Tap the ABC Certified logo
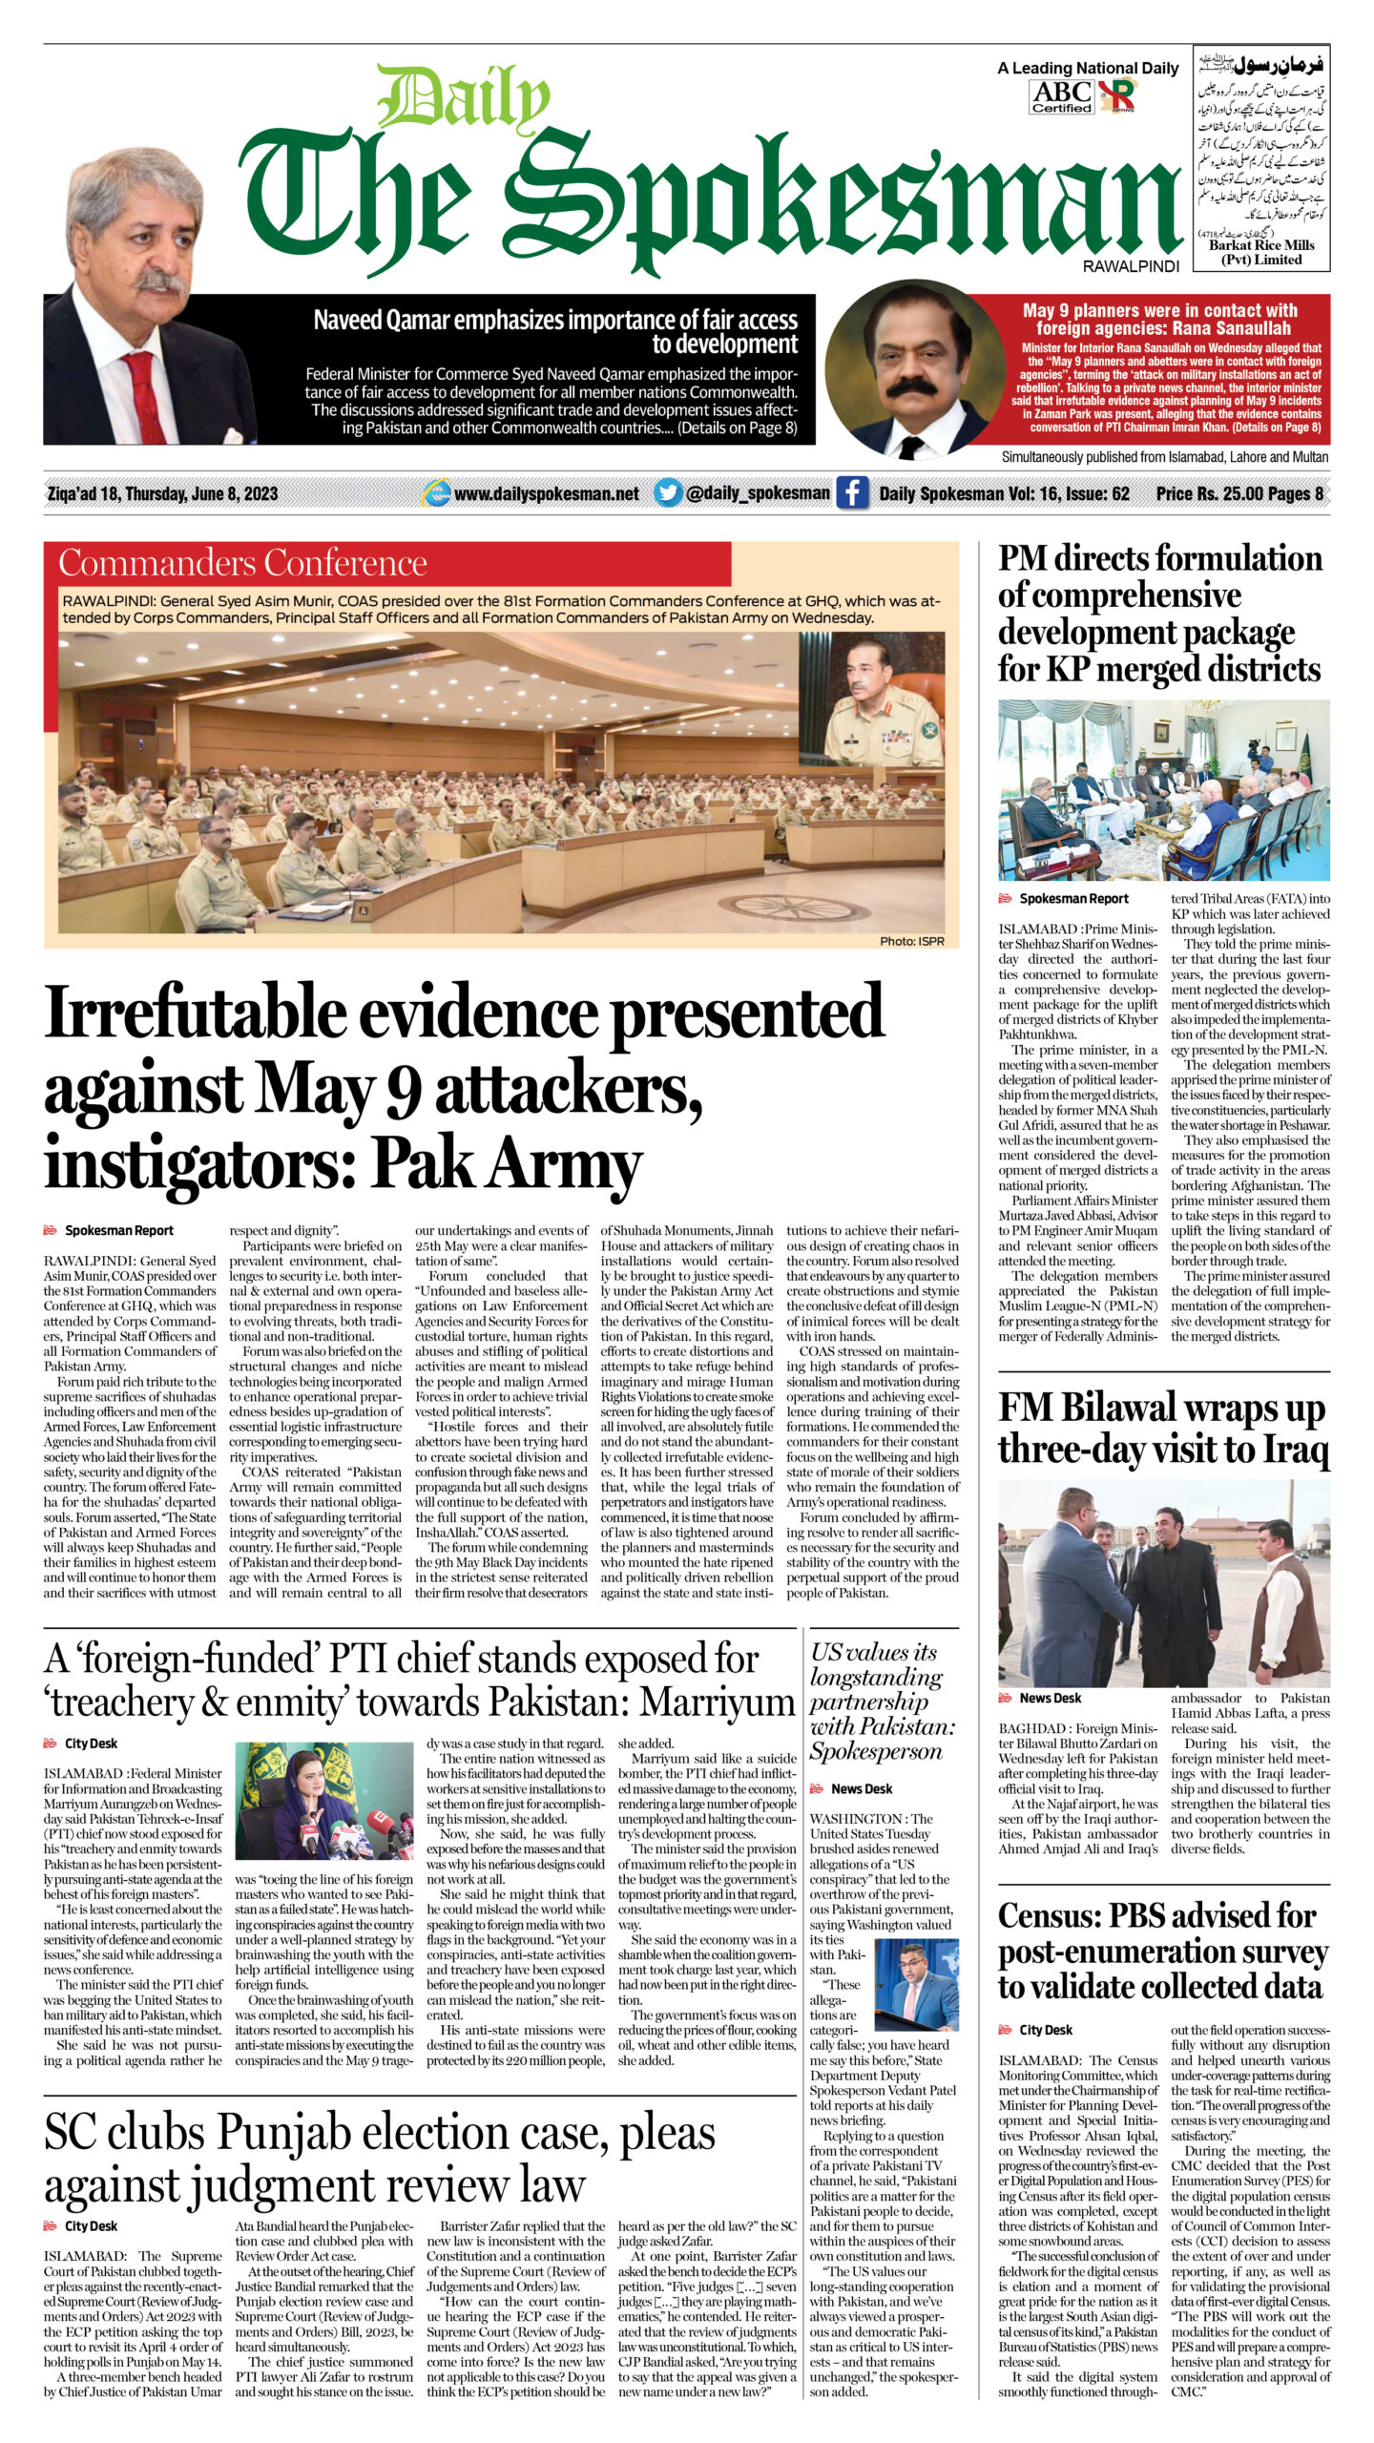[x=1061, y=96]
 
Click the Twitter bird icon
[x=668, y=493]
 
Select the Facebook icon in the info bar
[x=852, y=493]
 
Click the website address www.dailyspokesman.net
[x=546, y=493]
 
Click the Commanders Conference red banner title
[x=243, y=563]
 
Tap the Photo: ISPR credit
[x=911, y=941]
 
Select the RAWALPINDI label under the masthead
[x=1131, y=266]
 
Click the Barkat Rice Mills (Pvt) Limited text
[x=1261, y=252]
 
